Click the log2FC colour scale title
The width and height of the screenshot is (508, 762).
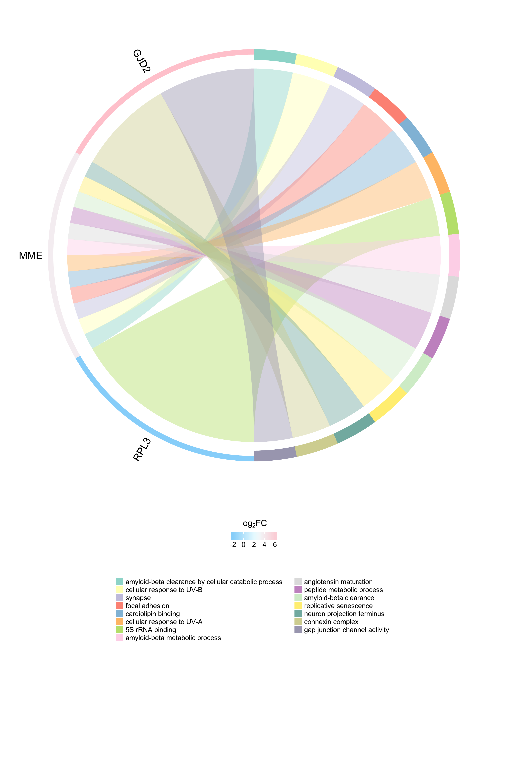tap(254, 524)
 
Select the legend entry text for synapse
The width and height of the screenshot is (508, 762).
tap(138, 598)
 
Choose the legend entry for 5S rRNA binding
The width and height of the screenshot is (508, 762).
tap(146, 630)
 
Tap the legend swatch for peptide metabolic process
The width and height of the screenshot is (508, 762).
tap(298, 590)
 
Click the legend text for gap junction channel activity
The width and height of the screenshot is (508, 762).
tap(346, 630)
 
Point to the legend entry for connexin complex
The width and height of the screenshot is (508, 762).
tap(326, 622)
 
